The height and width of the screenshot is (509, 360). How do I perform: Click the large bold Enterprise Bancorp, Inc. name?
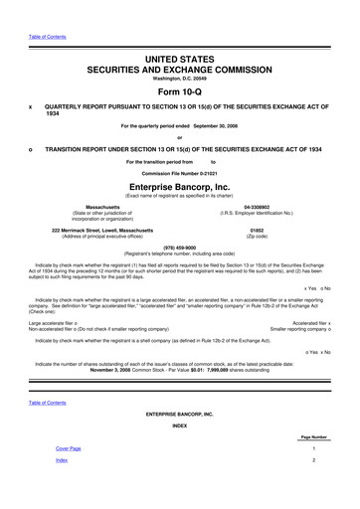pyautogui.click(x=179, y=186)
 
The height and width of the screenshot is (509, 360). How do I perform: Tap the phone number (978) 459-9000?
pyautogui.click(x=179, y=249)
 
